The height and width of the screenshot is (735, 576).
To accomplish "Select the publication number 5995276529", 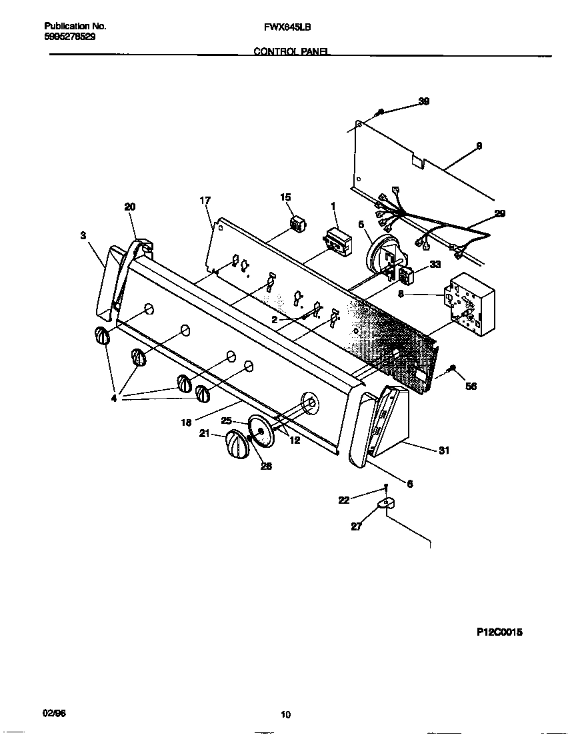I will (69, 37).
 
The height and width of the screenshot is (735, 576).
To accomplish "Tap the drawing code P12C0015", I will (499, 632).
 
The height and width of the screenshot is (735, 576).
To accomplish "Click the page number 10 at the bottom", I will (285, 715).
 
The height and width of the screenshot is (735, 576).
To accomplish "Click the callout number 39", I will (423, 101).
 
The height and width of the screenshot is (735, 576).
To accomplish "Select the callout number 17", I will (205, 200).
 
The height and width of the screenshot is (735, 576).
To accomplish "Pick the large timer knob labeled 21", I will (234, 444).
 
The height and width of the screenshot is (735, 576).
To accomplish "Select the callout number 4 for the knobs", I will (114, 398).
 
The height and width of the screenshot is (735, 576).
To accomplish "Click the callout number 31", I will (443, 451).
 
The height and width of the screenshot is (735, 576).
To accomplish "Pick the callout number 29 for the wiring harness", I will (499, 214).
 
